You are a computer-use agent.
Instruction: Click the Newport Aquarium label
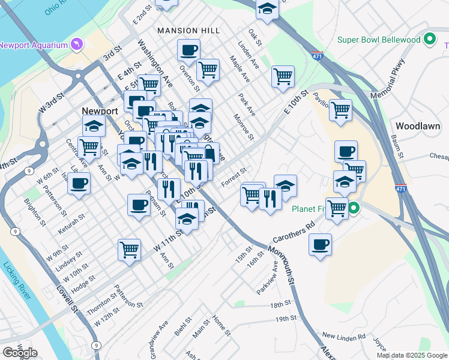(x=33, y=44)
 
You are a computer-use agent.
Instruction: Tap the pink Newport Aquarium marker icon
(x=76, y=44)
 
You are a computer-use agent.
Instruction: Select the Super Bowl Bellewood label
(x=379, y=40)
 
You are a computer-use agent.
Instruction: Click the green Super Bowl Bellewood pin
(x=429, y=40)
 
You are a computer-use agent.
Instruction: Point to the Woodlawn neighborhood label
(x=418, y=126)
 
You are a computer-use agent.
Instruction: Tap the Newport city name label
(x=100, y=111)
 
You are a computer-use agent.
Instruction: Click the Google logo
(x=20, y=352)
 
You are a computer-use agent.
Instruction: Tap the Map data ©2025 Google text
(x=412, y=355)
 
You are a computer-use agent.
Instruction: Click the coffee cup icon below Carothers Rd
(x=320, y=244)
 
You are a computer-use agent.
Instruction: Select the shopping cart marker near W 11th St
(x=129, y=249)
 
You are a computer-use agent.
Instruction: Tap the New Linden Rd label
(x=343, y=336)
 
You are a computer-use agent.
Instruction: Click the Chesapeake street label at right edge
(x=439, y=156)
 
